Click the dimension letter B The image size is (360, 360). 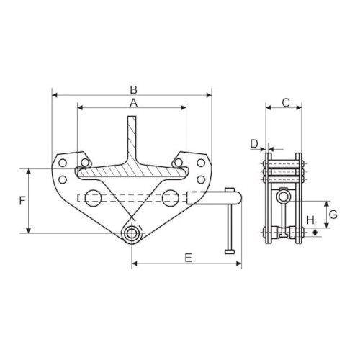click(133, 90)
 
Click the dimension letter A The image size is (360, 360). click(133, 103)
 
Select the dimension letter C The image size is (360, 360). click(286, 103)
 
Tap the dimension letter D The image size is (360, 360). click(254, 144)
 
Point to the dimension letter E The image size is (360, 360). click(189, 258)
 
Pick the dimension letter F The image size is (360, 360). click(22, 201)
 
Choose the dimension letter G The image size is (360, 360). click(333, 215)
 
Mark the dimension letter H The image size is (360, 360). click(310, 220)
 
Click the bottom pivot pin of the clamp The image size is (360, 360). click(131, 233)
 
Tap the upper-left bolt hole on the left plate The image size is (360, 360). click(63, 163)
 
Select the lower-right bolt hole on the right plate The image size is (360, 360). click(201, 179)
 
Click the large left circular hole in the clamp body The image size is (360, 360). click(93, 198)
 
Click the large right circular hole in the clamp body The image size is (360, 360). click(171, 198)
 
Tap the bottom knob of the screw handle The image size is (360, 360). click(230, 251)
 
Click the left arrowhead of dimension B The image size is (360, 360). click(55, 95)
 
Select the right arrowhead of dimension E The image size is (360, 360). click(238, 264)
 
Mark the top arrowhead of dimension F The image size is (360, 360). click(29, 171)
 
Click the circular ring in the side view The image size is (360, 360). click(284, 197)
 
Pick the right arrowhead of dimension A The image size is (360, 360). click(184, 107)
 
